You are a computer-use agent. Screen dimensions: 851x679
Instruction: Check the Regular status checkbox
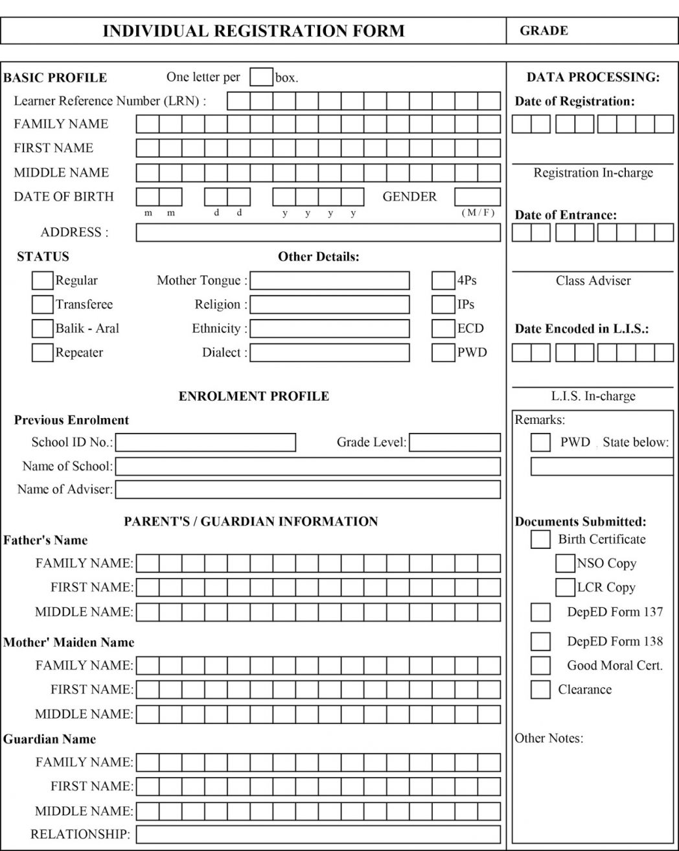click(x=43, y=281)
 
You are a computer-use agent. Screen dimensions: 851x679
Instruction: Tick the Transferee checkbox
click(x=43, y=305)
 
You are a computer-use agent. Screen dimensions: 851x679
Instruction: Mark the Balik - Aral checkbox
click(x=43, y=329)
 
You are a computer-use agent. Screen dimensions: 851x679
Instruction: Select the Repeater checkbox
click(x=43, y=353)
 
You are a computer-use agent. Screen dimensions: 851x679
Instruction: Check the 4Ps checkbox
click(x=443, y=281)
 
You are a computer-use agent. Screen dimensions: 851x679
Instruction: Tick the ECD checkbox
click(x=443, y=329)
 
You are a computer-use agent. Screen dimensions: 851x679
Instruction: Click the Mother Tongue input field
click(x=330, y=281)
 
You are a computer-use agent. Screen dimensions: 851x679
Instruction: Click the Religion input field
click(x=330, y=305)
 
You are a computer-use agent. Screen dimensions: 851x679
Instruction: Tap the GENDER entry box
click(x=478, y=197)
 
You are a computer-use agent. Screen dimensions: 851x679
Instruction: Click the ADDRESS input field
click(x=318, y=233)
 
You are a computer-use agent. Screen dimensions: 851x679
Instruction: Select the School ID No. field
click(x=205, y=443)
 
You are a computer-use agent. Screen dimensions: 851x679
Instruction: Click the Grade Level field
click(x=455, y=443)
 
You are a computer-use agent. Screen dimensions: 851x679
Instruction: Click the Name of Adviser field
click(x=308, y=489)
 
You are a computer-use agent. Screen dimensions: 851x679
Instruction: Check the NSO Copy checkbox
click(x=565, y=563)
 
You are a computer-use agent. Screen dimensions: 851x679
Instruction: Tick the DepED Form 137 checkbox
click(x=540, y=612)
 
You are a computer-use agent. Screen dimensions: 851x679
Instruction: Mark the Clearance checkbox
click(x=540, y=690)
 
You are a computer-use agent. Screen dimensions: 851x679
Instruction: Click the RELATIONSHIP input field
click(x=318, y=834)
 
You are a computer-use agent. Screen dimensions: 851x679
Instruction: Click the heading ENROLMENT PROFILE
click(x=254, y=396)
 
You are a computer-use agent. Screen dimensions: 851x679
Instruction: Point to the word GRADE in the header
click(x=544, y=30)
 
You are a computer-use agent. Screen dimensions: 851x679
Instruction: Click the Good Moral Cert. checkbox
click(x=540, y=666)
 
